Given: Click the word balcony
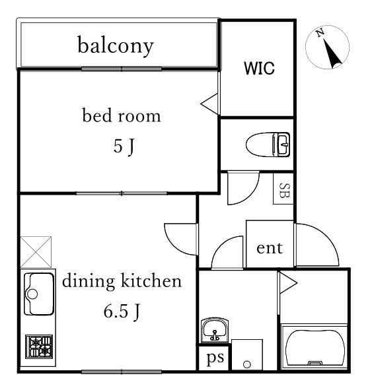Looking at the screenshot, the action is tap(116, 46).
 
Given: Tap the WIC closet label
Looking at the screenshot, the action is tap(259, 68).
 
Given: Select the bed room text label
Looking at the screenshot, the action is tap(122, 115).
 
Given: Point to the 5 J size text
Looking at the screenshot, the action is tap(124, 147).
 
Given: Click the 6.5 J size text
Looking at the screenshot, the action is tap(122, 311).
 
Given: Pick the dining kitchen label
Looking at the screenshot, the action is tap(122, 280).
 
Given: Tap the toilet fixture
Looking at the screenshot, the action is tap(268, 145).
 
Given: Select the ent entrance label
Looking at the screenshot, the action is tap(270, 248).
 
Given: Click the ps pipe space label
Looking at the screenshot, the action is tap(215, 358).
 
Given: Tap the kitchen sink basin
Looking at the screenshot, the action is tap(39, 294).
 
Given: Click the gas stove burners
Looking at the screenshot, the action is tap(39, 346).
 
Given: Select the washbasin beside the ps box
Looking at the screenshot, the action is tap(215, 330).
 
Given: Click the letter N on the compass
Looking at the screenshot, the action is tap(320, 33).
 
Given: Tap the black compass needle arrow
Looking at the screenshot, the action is tap(332, 53).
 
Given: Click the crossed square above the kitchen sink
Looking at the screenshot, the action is tap(36, 252).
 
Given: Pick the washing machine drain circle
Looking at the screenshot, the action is tap(247, 364).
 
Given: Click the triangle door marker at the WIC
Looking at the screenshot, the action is tap(209, 104).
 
